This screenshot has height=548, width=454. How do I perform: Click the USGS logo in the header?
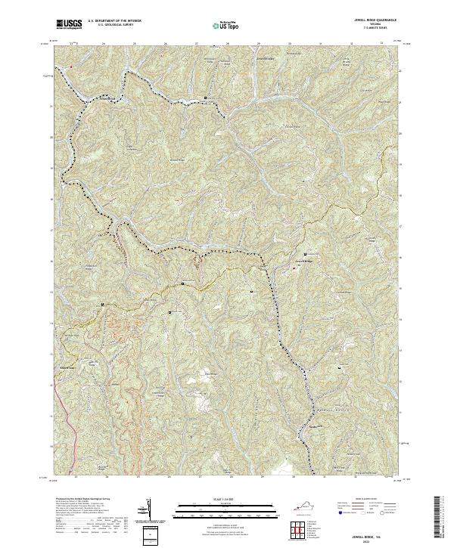[68, 25]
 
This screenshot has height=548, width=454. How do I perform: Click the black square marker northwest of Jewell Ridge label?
[306, 253]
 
